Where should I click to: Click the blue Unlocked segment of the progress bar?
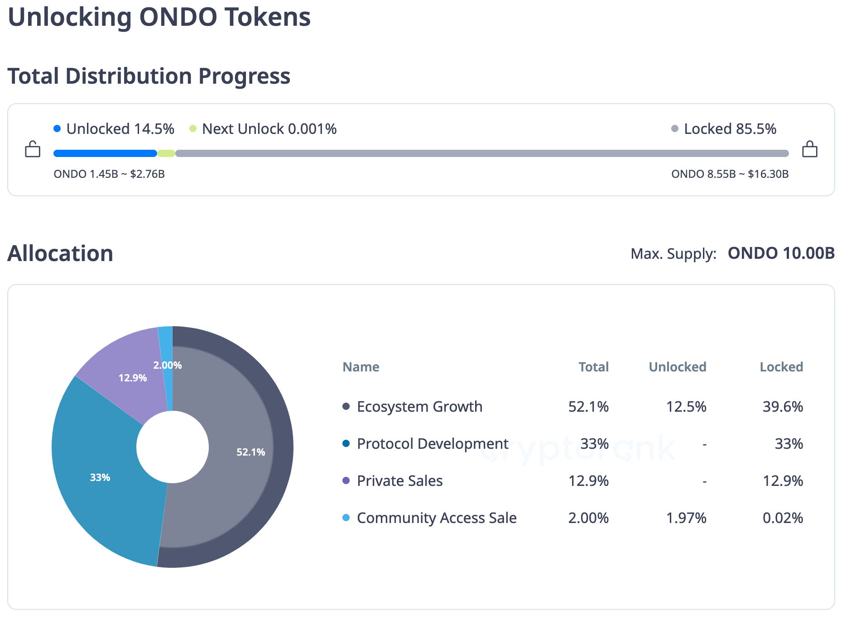pos(105,153)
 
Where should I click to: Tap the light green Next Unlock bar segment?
pos(166,153)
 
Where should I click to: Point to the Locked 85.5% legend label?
pos(730,129)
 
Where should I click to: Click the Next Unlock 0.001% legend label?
pos(269,129)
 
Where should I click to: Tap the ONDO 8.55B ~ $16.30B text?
pos(730,174)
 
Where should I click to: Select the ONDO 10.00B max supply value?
pos(781,253)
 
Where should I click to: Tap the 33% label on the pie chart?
pos(100,478)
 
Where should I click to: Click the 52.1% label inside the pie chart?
pos(250,452)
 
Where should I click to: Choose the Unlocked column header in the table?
pos(677,367)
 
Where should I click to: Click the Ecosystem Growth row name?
pos(419,407)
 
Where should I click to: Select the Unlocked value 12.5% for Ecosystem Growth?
pos(686,407)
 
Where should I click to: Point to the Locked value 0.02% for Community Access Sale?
pos(782,518)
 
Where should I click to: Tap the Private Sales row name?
pos(399,481)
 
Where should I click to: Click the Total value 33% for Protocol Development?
pos(594,444)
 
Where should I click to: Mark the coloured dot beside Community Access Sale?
pos(346,518)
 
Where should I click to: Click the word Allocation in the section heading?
pos(60,253)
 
